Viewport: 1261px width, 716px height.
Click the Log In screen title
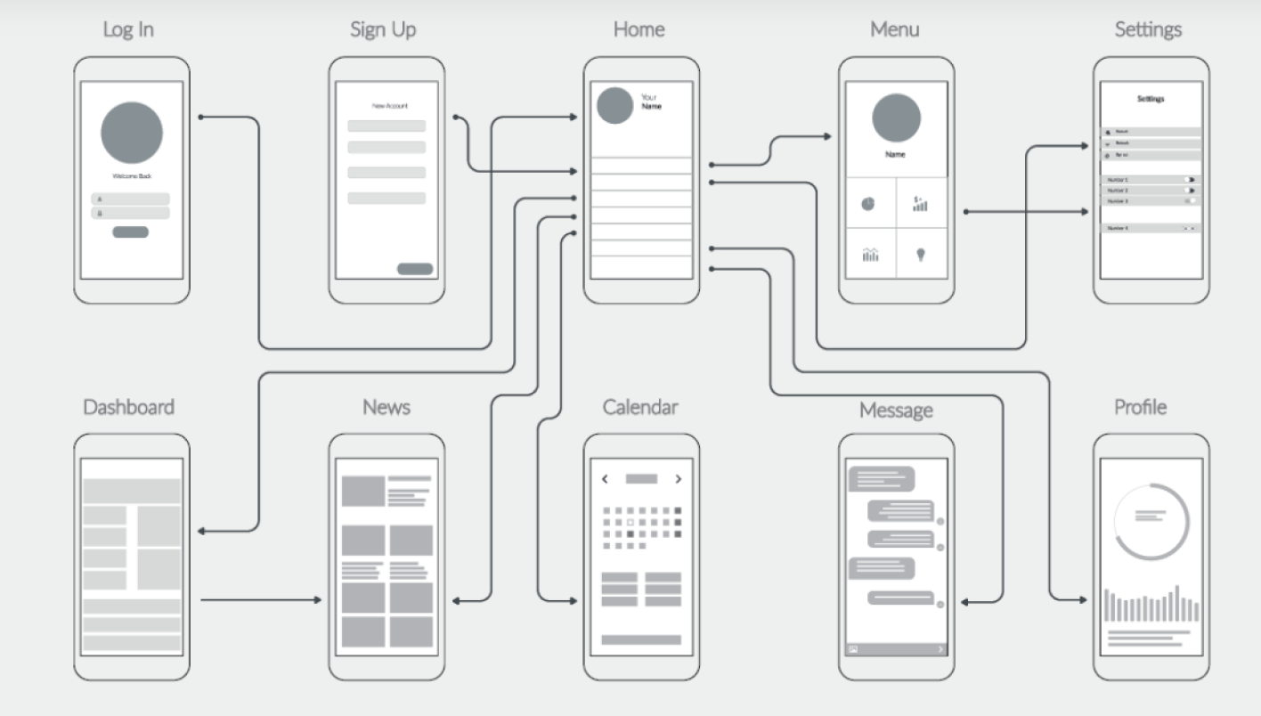(x=128, y=29)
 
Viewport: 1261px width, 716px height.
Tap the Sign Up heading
(x=383, y=29)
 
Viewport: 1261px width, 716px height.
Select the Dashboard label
(x=128, y=407)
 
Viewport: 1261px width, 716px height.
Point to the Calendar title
(x=640, y=407)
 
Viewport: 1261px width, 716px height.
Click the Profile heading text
(x=1140, y=407)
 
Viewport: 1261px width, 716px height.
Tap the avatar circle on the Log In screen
(x=132, y=133)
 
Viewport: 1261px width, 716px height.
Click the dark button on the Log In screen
(x=130, y=232)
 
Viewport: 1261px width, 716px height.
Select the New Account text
(x=389, y=106)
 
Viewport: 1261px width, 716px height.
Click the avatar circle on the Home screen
(x=614, y=105)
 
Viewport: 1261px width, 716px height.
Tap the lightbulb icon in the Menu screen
(x=921, y=255)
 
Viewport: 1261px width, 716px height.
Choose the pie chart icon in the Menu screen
(x=868, y=204)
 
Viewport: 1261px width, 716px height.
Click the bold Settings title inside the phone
(x=1151, y=99)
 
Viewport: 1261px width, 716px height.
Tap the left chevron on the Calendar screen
(x=605, y=479)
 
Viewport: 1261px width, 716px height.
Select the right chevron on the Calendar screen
(x=679, y=479)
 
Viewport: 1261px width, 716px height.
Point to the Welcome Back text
(x=132, y=176)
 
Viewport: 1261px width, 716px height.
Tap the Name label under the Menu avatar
(x=895, y=155)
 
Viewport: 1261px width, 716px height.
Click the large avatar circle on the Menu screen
(x=896, y=119)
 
